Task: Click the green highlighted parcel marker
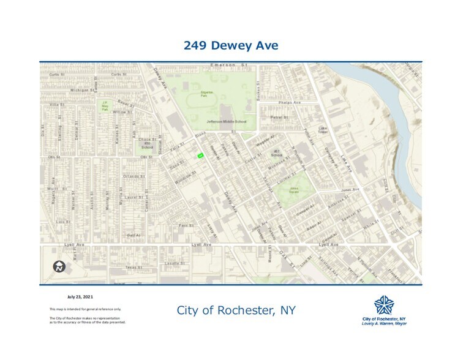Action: click(x=200, y=156)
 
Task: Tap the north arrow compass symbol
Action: click(x=59, y=266)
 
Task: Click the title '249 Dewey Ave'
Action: click(x=231, y=45)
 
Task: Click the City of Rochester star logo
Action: click(x=383, y=305)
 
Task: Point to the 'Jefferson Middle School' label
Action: click(x=227, y=122)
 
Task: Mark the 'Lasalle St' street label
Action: click(x=174, y=263)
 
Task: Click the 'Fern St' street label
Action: click(x=186, y=225)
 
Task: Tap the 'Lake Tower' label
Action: click(x=323, y=130)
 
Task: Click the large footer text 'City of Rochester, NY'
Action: click(x=236, y=310)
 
